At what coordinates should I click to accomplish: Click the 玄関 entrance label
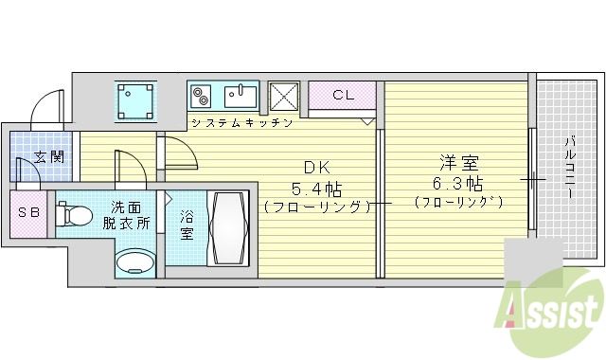point(50,157)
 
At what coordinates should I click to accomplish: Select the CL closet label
point(344,95)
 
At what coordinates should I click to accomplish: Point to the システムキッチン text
point(241,123)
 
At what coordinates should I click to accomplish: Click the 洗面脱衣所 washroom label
point(130,215)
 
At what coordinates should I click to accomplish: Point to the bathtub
point(229,228)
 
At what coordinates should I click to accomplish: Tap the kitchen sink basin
point(242,95)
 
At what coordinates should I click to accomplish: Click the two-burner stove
point(203,96)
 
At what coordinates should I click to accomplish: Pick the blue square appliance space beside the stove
point(135,101)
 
